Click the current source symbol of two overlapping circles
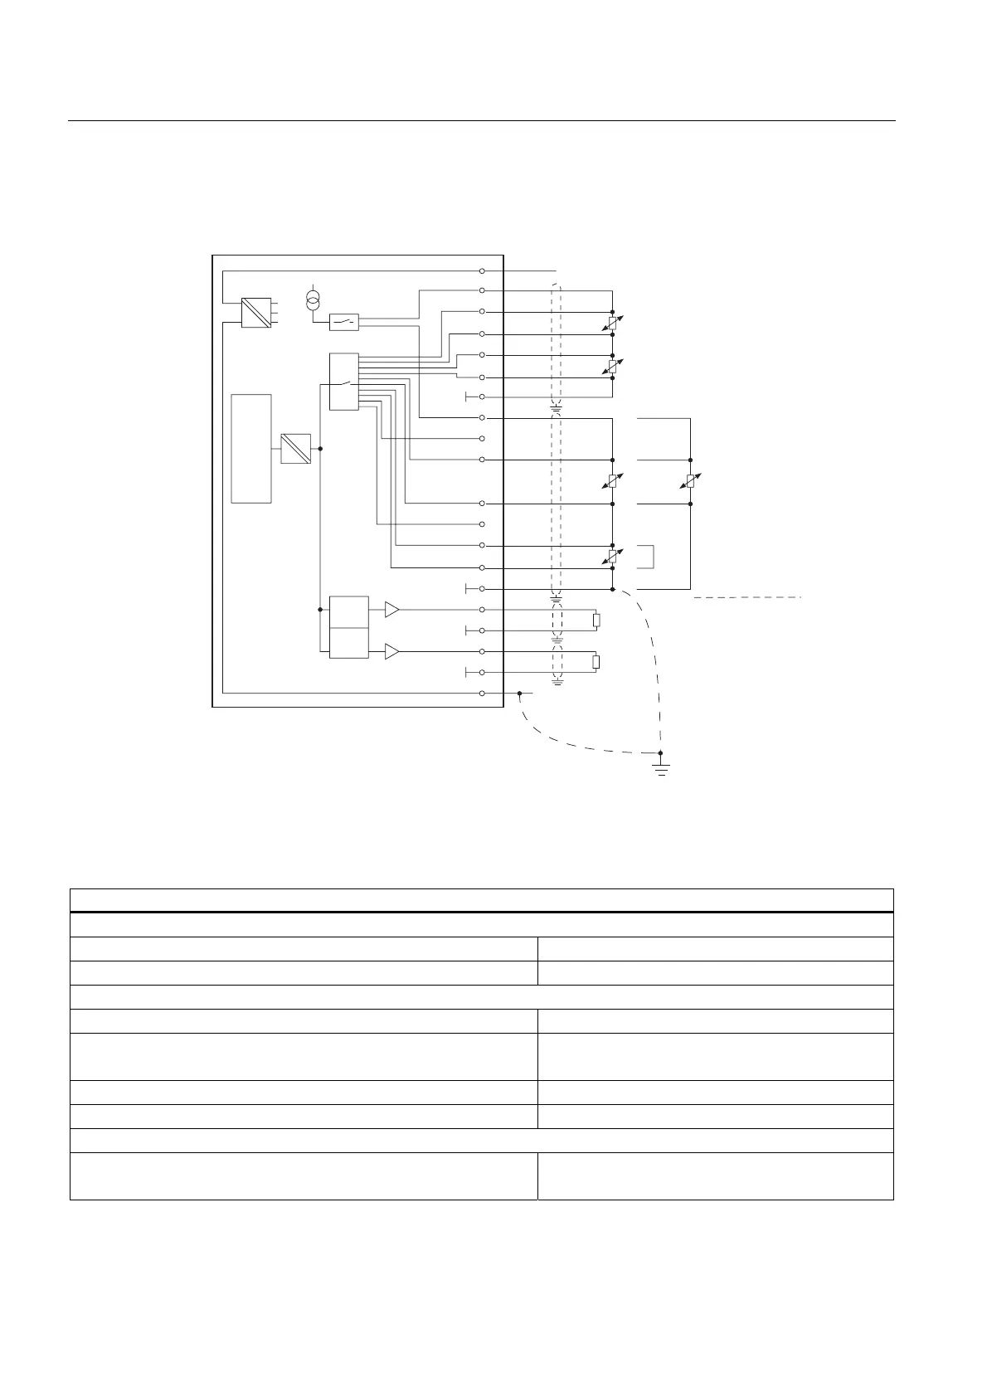click(313, 299)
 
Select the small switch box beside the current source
click(344, 322)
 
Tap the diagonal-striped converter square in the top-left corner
click(256, 313)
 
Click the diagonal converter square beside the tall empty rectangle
click(296, 449)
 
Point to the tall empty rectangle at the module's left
click(251, 449)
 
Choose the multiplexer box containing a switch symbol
click(343, 382)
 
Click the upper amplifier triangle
click(391, 611)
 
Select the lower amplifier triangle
click(391, 653)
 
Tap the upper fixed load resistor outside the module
click(596, 621)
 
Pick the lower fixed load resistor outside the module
click(596, 662)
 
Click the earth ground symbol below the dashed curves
click(661, 767)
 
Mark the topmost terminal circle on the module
click(482, 271)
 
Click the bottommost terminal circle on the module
click(482, 693)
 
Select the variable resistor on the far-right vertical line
click(690, 481)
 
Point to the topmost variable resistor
click(612, 323)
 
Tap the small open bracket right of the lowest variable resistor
click(647, 557)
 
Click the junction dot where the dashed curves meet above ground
click(661, 753)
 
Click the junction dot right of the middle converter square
click(320, 449)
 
